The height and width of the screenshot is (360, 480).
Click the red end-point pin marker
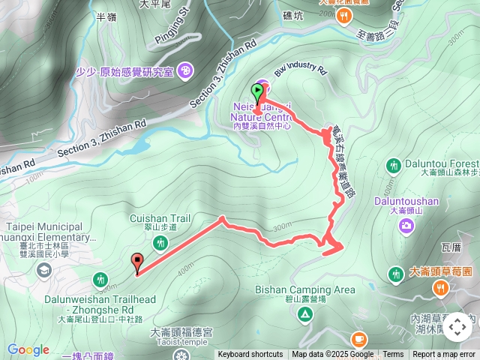point(136,262)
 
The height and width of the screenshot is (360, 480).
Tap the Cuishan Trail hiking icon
point(160,243)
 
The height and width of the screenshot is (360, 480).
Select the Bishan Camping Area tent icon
point(305,312)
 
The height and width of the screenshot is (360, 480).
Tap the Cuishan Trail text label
point(160,218)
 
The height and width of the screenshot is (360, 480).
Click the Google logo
point(28,349)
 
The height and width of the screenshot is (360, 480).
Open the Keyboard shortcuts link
point(250,355)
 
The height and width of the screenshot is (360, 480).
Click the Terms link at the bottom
point(393,355)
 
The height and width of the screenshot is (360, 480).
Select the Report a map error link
point(444,355)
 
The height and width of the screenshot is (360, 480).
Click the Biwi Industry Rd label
point(299,72)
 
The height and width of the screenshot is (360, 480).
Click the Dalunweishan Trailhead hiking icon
point(100,280)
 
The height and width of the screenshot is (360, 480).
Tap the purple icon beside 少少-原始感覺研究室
point(185,72)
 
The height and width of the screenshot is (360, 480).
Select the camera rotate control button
point(457,327)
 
